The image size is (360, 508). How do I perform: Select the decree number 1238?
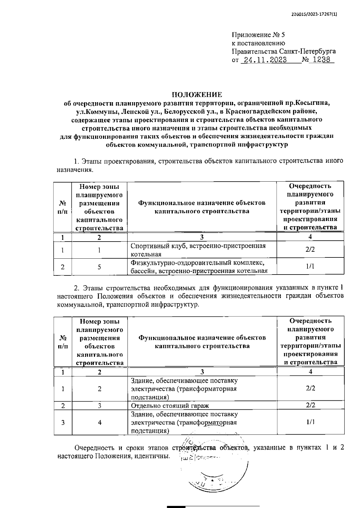[x=321, y=60]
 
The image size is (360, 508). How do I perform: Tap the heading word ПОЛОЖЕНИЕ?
[x=197, y=95]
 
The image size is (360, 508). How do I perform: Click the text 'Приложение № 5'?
[x=258, y=35]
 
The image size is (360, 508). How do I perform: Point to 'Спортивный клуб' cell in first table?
[x=198, y=250]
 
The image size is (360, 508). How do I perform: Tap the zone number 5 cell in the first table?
[x=99, y=267]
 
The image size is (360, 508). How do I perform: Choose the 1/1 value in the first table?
[x=310, y=266]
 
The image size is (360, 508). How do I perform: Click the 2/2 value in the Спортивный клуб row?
[x=310, y=249]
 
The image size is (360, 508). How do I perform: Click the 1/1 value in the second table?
[x=310, y=422]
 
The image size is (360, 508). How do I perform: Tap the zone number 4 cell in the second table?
[x=100, y=422]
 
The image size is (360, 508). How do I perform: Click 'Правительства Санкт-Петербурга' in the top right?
[x=284, y=51]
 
